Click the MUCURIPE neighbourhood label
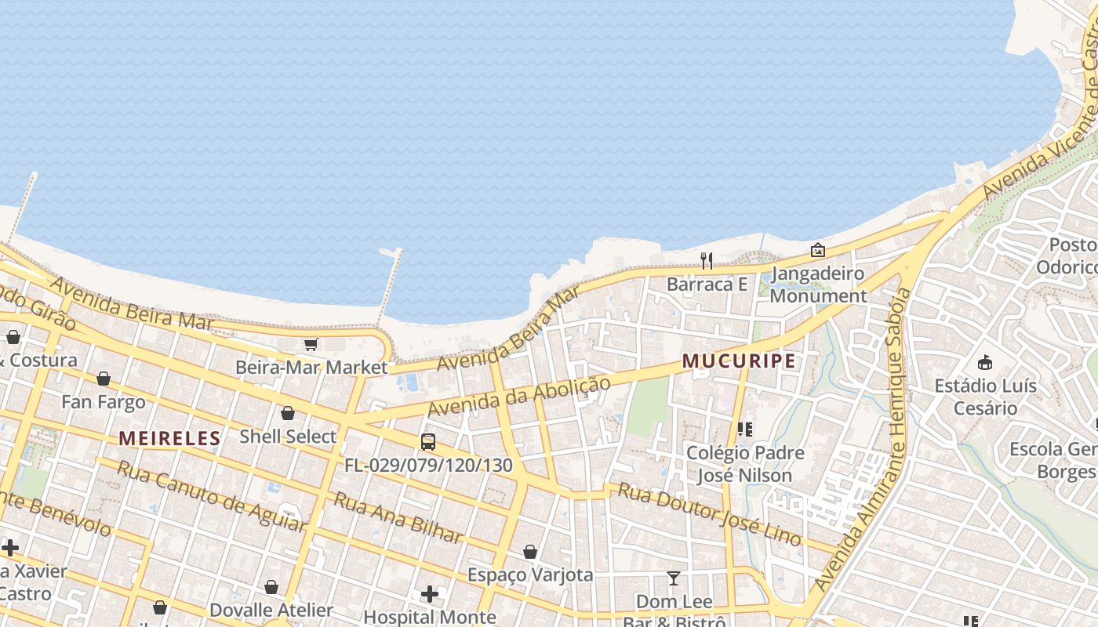click(x=739, y=361)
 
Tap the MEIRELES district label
click(x=169, y=438)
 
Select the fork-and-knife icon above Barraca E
click(x=707, y=261)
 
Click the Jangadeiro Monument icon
click(x=817, y=250)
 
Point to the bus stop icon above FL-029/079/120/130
click(x=428, y=441)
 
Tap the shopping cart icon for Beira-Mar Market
click(x=311, y=344)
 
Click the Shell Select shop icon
click(x=288, y=413)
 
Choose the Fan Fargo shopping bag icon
click(x=104, y=379)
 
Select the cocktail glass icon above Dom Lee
click(x=674, y=578)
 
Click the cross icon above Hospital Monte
click(x=430, y=594)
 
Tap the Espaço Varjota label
click(x=530, y=574)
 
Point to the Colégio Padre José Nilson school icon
click(x=744, y=429)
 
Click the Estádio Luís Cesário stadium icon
click(x=985, y=362)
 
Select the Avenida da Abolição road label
click(x=518, y=397)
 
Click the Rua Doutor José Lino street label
click(x=710, y=514)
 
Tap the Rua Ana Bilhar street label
click(x=398, y=518)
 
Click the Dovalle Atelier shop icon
click(x=271, y=587)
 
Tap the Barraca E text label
click(x=707, y=285)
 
